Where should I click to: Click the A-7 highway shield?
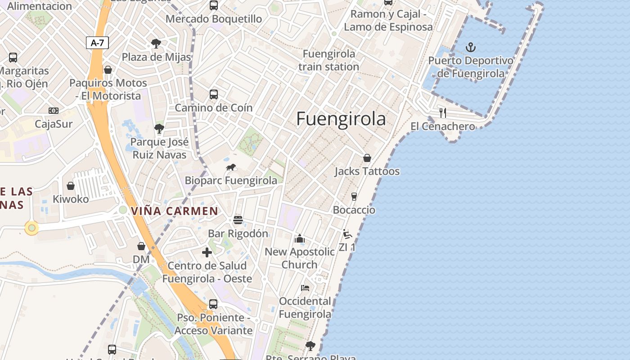click(x=97, y=43)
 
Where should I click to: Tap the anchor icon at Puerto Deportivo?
click(x=471, y=47)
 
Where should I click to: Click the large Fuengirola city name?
click(x=341, y=119)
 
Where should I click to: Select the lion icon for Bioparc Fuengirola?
click(x=231, y=168)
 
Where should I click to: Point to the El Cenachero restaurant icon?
click(x=443, y=112)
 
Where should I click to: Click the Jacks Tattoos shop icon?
click(x=367, y=158)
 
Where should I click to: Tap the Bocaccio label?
click(x=354, y=210)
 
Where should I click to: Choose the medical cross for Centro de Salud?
click(x=207, y=252)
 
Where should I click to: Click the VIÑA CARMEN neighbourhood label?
click(x=175, y=211)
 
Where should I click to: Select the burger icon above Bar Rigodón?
click(x=238, y=220)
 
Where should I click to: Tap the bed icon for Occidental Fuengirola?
click(x=305, y=288)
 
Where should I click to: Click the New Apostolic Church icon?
click(x=300, y=238)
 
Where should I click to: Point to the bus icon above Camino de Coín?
click(x=214, y=94)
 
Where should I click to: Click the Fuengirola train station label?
click(x=328, y=60)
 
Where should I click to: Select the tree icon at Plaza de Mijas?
click(x=156, y=44)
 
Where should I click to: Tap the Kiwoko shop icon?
click(x=71, y=186)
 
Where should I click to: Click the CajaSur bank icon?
click(x=54, y=111)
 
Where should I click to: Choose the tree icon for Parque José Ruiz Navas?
click(x=159, y=129)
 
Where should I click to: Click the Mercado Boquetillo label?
click(x=214, y=19)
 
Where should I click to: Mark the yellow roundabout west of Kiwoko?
click(x=31, y=228)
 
